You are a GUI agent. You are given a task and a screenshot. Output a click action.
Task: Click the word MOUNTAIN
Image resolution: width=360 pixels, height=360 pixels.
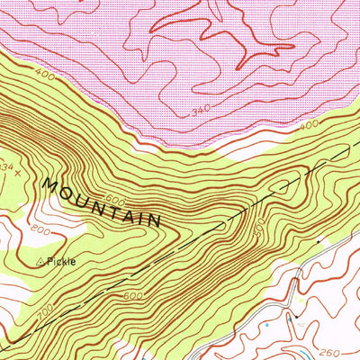click(x=102, y=202)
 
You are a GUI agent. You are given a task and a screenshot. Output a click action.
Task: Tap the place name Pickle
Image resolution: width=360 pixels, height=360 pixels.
click(x=63, y=262)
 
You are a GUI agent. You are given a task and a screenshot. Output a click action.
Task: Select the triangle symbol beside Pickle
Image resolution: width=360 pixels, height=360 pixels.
click(x=40, y=262)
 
